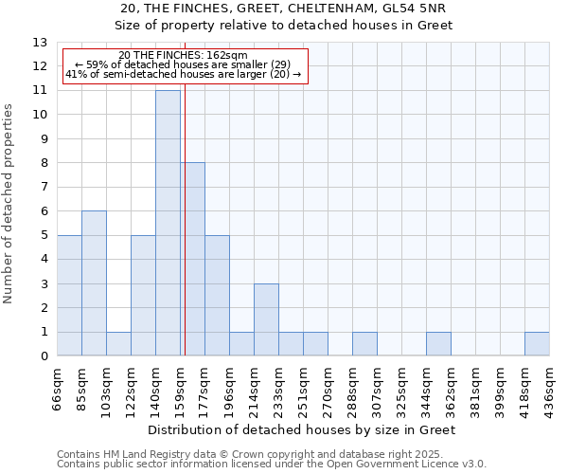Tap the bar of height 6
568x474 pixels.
click(94, 283)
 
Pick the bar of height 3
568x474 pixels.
click(266, 319)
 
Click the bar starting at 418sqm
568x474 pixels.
click(537, 344)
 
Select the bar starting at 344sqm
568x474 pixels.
click(438, 344)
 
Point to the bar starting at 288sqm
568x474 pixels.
click(364, 344)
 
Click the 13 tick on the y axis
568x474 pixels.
click(40, 43)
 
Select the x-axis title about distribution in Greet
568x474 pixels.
click(303, 430)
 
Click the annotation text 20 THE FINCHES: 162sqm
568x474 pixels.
click(184, 56)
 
